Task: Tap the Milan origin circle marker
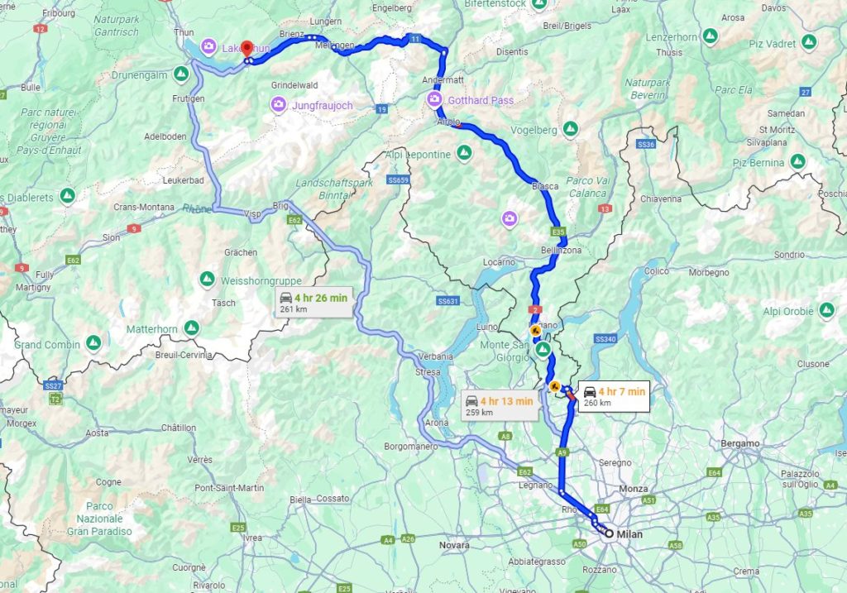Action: [x=609, y=534]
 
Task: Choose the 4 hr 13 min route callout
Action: [x=500, y=406]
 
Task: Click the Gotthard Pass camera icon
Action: [x=434, y=100]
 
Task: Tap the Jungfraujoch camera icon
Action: [x=279, y=105]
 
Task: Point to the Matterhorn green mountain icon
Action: [x=192, y=328]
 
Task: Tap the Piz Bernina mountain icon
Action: [x=798, y=161]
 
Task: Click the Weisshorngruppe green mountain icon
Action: [x=207, y=280]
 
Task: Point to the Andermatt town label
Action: [x=443, y=80]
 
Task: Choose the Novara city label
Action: [x=454, y=546]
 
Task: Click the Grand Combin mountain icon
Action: [x=93, y=342]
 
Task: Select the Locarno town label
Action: [x=499, y=262]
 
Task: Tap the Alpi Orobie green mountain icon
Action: [x=826, y=311]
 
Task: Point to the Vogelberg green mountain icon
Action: [x=570, y=129]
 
